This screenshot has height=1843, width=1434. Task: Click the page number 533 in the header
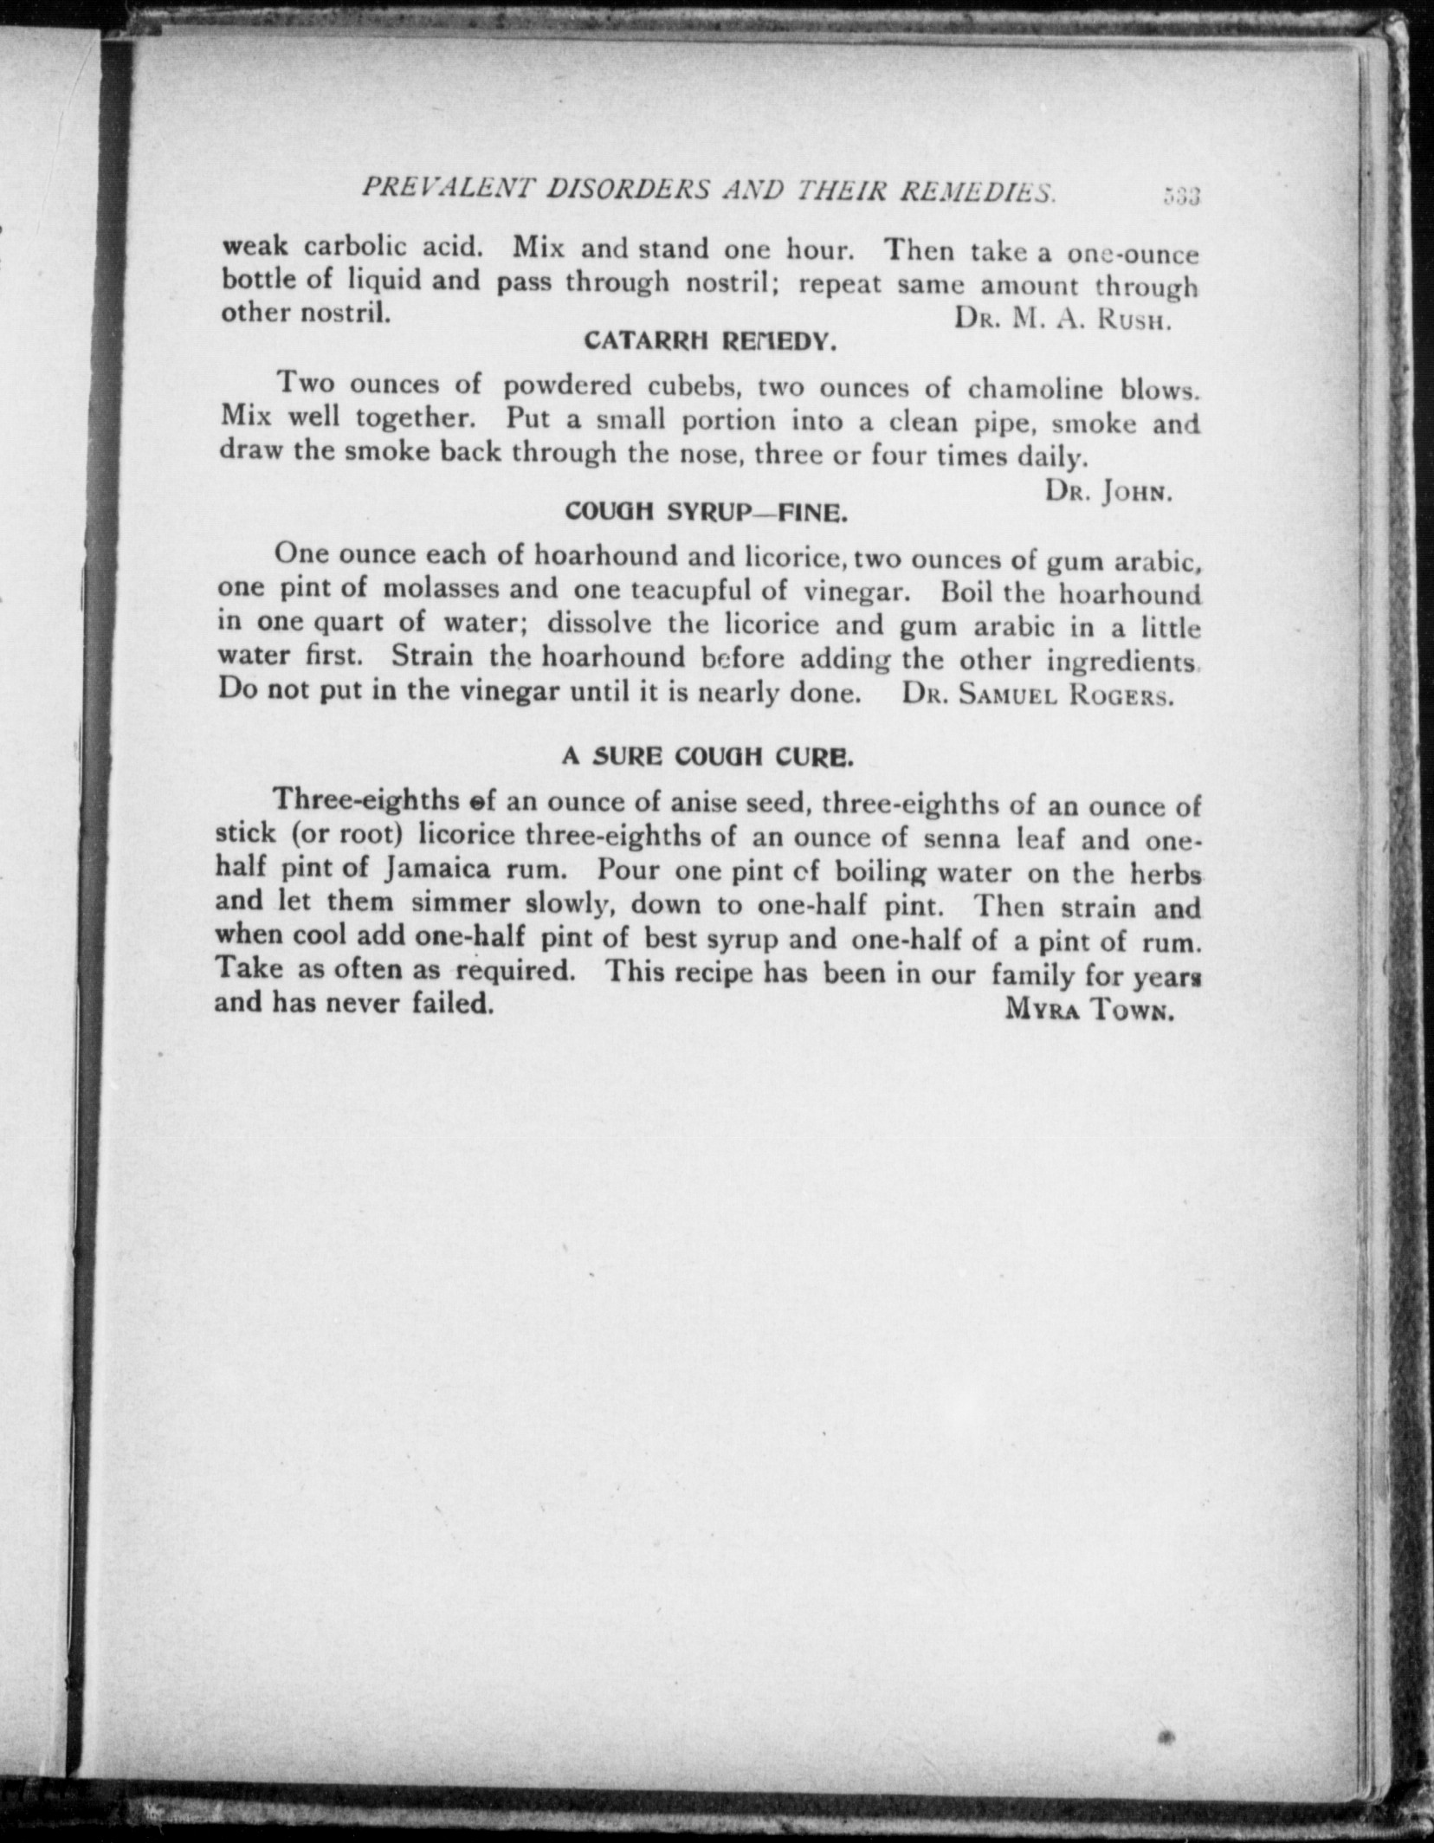tap(1181, 197)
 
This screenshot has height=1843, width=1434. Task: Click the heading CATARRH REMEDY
tap(710, 342)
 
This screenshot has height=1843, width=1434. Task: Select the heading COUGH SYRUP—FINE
tap(706, 513)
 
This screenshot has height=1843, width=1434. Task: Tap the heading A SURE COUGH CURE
tap(708, 757)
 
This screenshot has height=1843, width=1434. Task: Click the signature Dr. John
tap(1108, 491)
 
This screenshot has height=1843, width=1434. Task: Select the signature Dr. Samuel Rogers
tap(1037, 695)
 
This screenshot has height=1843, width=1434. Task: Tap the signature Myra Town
tap(1088, 1009)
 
